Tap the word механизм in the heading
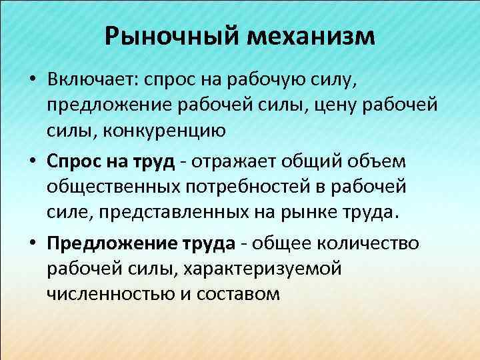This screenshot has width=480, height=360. tap(311, 36)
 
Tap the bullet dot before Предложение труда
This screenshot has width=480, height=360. tap(33, 242)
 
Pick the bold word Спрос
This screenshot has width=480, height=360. tap(73, 161)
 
